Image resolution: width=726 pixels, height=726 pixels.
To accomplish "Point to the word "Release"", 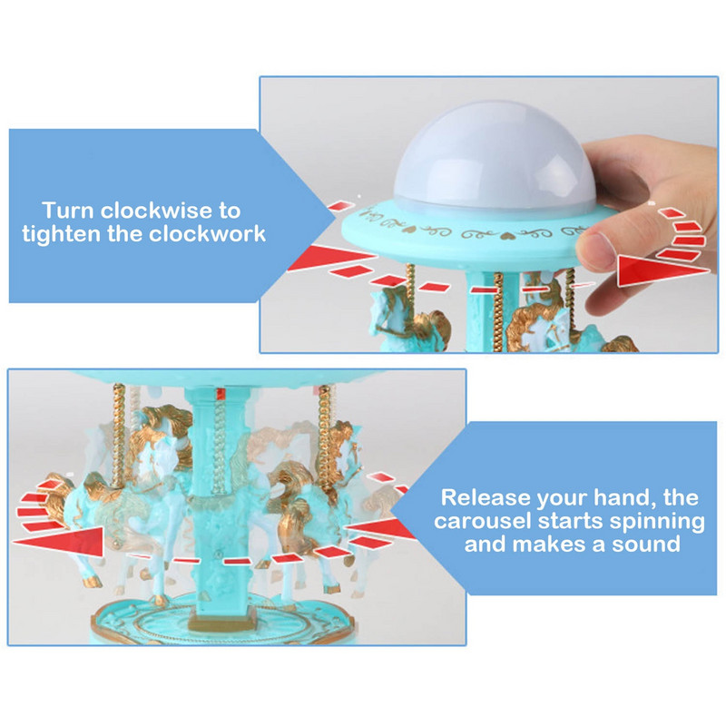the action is [x=486, y=497].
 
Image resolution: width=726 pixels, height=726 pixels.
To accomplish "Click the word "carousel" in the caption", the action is [x=482, y=521].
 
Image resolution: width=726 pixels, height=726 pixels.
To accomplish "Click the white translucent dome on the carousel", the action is [x=495, y=156].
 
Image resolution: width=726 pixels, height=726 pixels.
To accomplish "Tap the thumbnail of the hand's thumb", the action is [x=596, y=249].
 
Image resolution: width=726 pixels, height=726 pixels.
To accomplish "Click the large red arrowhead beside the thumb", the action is [x=663, y=270].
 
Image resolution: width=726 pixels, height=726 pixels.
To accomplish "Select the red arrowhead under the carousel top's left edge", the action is [x=331, y=258].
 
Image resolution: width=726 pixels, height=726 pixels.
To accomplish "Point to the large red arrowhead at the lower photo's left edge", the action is [x=59, y=541].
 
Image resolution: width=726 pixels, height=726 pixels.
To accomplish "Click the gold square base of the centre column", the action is [x=222, y=620].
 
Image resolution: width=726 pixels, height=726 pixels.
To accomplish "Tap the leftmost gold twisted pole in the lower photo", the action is [x=119, y=436].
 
